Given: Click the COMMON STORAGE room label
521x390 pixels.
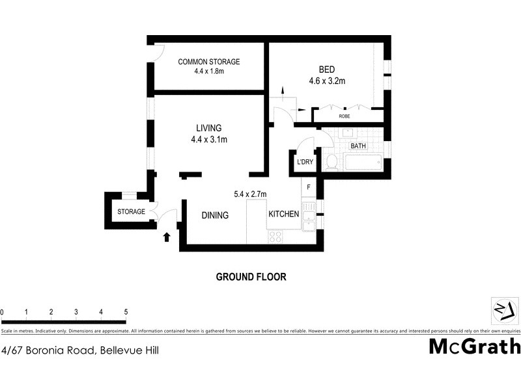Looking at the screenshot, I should tap(209, 62).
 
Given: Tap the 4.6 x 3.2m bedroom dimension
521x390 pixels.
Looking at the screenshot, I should tap(327, 81).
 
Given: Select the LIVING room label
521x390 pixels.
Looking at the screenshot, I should tap(209, 128).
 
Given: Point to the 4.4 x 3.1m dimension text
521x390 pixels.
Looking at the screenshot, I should tap(209, 139).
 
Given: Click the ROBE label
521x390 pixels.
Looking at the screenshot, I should tap(344, 116).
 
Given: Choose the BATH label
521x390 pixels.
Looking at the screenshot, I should tap(358, 146).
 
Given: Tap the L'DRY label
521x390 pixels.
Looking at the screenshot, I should tap(303, 162).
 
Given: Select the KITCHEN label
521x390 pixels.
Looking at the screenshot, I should tap(283, 214).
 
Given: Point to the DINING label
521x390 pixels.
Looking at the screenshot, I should tap(215, 215).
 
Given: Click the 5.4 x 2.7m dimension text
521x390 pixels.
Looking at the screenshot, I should tap(250, 194).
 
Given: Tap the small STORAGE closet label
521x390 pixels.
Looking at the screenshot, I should tap(131, 212).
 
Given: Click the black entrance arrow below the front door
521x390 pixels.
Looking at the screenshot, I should tap(166, 237).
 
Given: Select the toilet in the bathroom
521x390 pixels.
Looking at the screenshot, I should tap(331, 161).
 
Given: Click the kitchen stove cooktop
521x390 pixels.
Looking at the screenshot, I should tap(275, 237).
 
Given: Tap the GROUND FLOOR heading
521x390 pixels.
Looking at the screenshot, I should tap(251, 276).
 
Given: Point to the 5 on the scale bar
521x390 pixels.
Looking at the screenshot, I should tap(126, 313).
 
